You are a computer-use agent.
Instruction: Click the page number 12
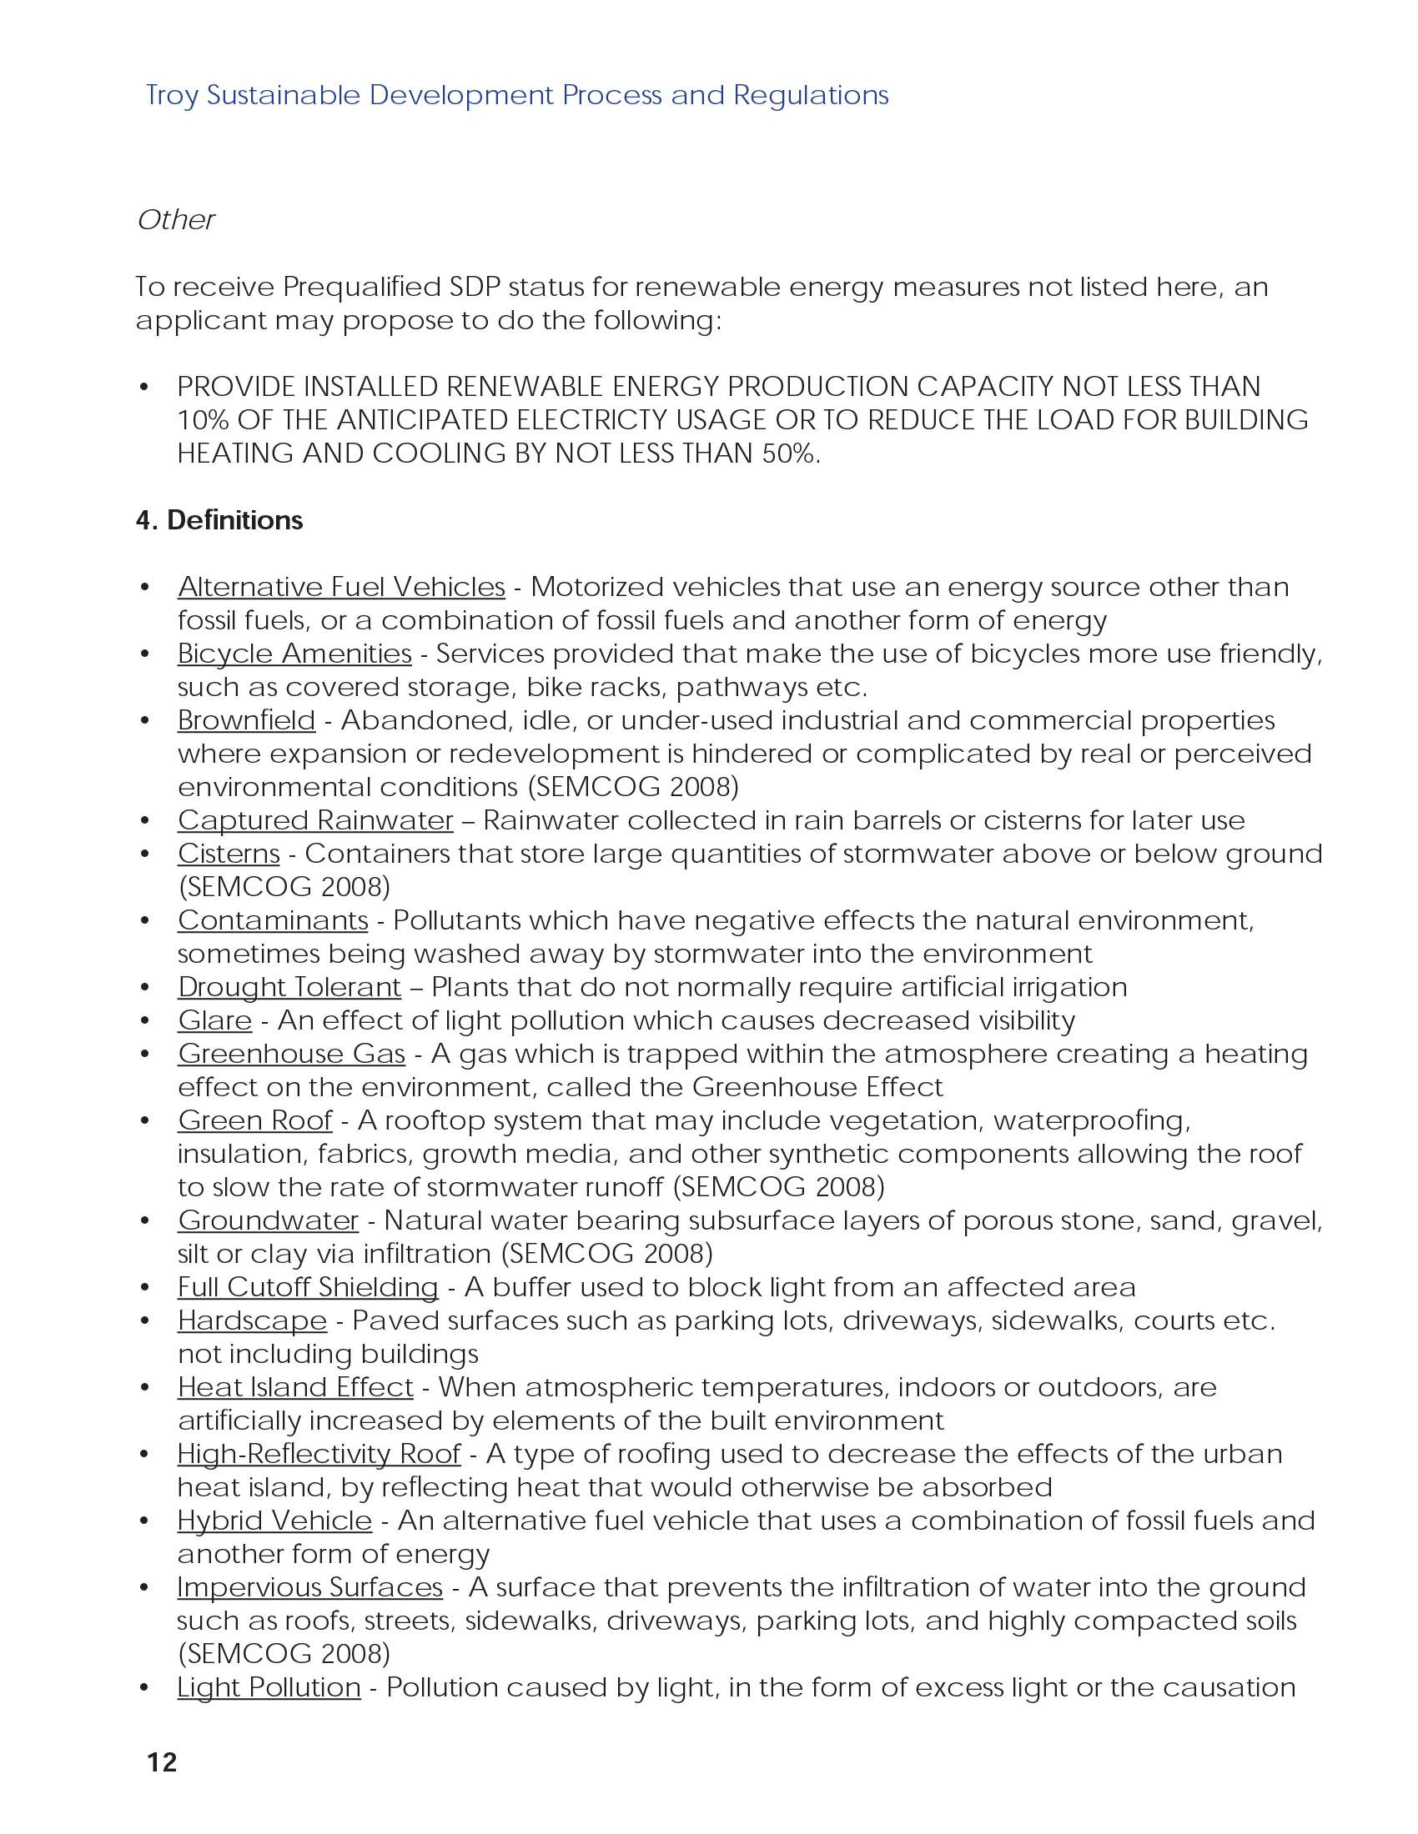point(162,1761)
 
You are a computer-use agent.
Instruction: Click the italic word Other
point(176,220)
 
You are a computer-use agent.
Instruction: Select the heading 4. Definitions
point(219,520)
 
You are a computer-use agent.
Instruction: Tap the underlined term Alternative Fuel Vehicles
point(341,587)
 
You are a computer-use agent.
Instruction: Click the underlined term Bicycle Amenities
point(294,654)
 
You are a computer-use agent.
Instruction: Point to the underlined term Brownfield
point(246,720)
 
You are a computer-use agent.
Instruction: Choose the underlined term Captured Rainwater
point(315,820)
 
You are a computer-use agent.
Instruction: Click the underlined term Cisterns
point(229,854)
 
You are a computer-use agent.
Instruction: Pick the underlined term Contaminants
point(272,920)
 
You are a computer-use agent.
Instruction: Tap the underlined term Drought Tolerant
point(289,988)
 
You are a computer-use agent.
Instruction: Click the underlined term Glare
point(214,1020)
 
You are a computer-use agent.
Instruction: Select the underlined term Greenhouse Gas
point(291,1054)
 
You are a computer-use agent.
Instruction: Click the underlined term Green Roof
point(254,1120)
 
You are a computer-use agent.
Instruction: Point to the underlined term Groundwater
point(268,1220)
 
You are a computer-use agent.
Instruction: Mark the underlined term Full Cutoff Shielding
point(308,1287)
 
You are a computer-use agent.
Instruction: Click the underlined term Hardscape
point(252,1321)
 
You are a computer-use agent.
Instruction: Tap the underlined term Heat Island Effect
point(294,1387)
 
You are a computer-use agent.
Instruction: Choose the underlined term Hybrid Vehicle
point(274,1521)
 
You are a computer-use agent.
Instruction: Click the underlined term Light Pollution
point(269,1687)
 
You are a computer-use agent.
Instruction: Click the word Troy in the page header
point(171,96)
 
